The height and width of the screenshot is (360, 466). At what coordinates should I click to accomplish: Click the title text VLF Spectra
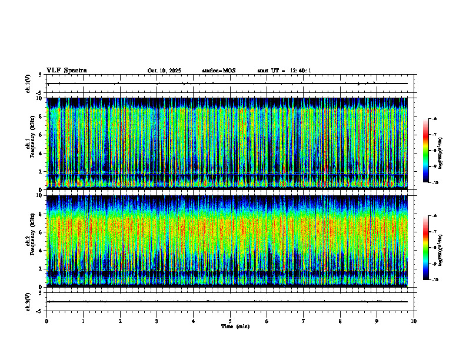pos(66,71)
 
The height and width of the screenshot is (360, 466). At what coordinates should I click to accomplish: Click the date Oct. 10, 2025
pos(164,71)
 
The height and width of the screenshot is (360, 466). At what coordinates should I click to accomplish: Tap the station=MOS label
pos(218,71)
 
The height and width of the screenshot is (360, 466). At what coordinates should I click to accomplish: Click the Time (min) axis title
pos(235,326)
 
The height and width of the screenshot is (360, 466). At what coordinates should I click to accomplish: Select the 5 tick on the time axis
pos(231,321)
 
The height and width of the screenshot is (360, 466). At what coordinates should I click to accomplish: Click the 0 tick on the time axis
pos(47,321)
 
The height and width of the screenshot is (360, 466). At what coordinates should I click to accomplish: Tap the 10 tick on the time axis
pos(414,321)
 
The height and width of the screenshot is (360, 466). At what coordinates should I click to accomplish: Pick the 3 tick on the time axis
pos(157,321)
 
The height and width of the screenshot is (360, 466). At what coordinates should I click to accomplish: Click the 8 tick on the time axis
pos(341,321)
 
